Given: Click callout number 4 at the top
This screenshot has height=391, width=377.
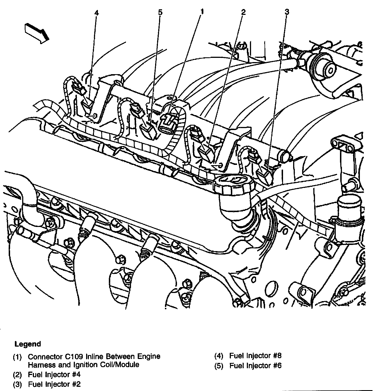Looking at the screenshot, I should pos(96,13).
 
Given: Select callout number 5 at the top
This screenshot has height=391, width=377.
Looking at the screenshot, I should pos(160,12).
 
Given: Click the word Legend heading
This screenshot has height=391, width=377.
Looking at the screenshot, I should pos(28,344).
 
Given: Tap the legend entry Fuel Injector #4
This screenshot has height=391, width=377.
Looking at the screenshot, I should pos(54,374).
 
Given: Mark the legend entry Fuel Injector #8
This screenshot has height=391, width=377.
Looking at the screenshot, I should pos(255,356).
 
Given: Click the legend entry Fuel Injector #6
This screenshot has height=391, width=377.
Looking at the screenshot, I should pos(255,365).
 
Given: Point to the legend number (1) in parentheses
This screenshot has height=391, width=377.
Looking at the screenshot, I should pos(17,357).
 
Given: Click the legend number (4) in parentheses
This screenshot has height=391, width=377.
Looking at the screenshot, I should pos(219,356).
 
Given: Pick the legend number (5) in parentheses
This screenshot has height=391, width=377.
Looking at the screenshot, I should pos(219,366).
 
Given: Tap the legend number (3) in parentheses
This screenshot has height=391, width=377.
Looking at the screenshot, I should pos(17,384).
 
